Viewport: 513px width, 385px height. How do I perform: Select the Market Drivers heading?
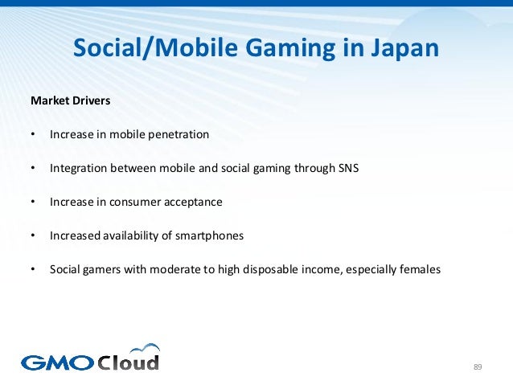(x=70, y=101)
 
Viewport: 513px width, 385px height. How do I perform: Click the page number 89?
(x=478, y=367)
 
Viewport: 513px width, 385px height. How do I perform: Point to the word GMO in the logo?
(x=57, y=362)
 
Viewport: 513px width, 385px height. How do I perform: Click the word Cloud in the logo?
(x=129, y=362)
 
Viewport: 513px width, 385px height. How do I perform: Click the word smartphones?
(x=210, y=236)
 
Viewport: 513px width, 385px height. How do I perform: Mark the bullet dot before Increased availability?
(x=33, y=236)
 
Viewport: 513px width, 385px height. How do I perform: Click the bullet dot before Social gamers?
(x=33, y=270)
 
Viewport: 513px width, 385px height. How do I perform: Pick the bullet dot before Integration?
(x=33, y=169)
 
